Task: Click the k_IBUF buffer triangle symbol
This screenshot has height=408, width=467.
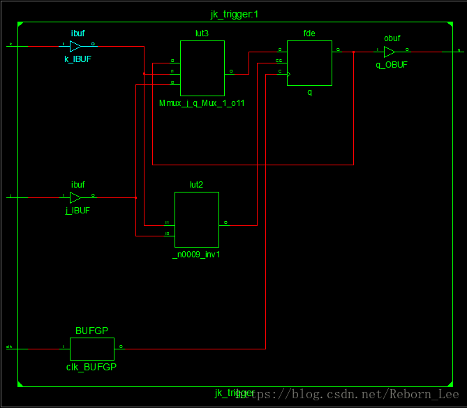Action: (75, 47)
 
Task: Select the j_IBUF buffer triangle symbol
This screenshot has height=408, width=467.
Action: (75, 197)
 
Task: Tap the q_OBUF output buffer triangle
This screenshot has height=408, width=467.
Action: (390, 52)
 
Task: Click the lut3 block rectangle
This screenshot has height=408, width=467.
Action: (202, 68)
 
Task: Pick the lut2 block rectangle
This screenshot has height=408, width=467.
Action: (196, 219)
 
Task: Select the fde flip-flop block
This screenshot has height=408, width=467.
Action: (309, 62)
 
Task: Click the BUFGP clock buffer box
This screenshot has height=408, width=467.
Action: (91, 347)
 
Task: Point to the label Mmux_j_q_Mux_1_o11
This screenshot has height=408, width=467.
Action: (202, 103)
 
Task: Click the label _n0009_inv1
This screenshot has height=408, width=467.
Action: (196, 255)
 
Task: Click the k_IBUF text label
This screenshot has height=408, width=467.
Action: (77, 60)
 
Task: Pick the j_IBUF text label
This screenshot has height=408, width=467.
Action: (77, 210)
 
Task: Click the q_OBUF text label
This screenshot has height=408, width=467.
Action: (392, 65)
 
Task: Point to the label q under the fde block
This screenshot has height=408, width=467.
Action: (309, 92)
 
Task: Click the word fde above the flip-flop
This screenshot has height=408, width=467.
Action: (309, 33)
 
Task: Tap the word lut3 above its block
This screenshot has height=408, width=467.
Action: (202, 33)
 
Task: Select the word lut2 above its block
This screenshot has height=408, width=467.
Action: (196, 184)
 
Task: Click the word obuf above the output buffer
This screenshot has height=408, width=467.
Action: (392, 38)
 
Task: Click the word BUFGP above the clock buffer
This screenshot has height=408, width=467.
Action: (91, 331)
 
